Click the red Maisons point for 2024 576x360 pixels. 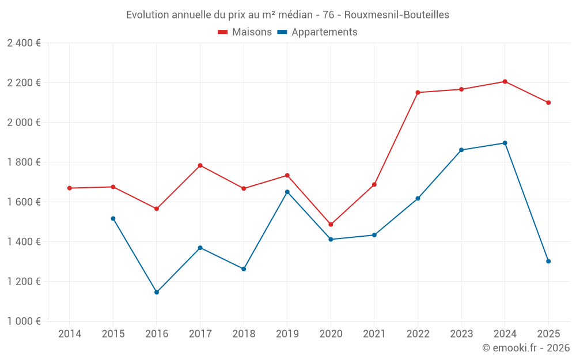pos(505,81)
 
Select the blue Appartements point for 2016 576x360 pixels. pos(157,292)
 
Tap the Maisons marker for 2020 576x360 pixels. pos(331,225)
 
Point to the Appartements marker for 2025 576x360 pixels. pos(548,262)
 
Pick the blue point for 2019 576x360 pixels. pos(287,192)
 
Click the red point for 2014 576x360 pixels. pos(70,188)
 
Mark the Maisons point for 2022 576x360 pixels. pos(418,92)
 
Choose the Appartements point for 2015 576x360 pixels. pos(113,218)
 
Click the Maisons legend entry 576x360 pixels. pos(245,32)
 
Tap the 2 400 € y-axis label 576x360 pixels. pos(24,43)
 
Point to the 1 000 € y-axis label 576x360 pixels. pos(24,321)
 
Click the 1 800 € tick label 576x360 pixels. pos(24,162)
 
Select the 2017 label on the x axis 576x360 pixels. pos(200,334)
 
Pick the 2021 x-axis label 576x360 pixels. pos(374,334)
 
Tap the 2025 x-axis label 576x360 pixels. pos(548,334)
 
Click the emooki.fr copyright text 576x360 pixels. pos(525,348)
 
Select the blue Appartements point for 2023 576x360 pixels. pos(461,150)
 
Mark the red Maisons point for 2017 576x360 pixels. pos(200,165)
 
